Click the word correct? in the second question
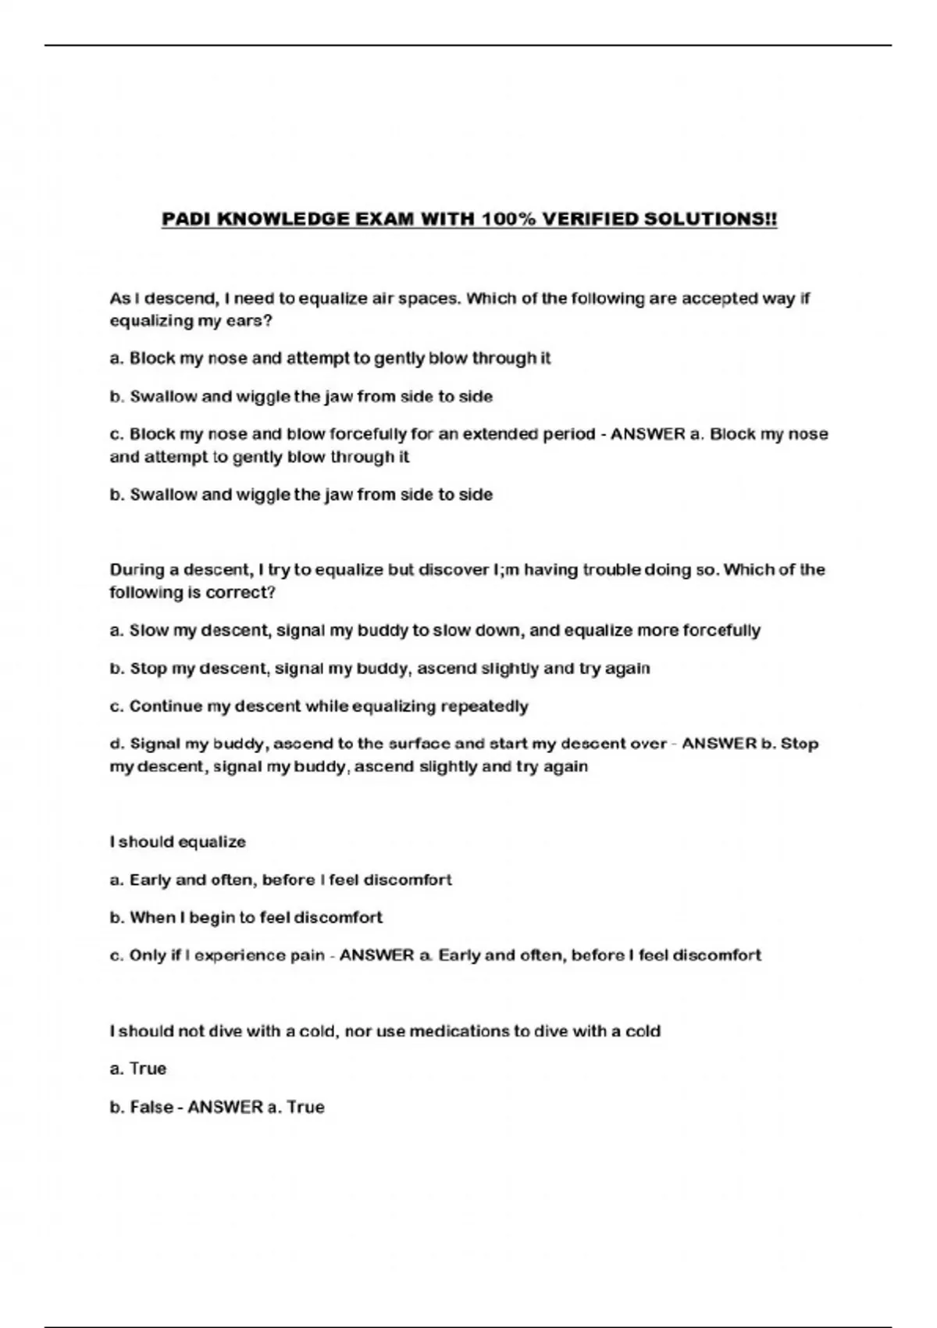[x=240, y=592]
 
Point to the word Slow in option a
[x=148, y=630]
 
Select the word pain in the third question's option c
[x=307, y=955]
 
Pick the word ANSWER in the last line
[x=226, y=1107]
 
